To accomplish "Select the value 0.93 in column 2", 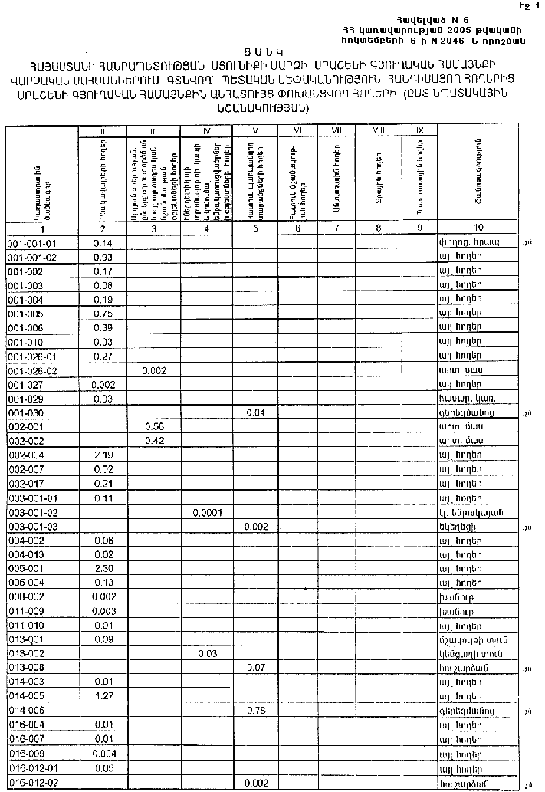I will pos(103,257).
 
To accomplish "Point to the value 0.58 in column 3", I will pos(156,426).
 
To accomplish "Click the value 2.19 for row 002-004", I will pos(103,455).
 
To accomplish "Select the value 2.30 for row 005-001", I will pos(103,569).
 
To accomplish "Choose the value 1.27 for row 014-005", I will pos(103,696).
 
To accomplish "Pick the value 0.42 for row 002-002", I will pos(156,440).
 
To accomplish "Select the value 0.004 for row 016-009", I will pos(103,754).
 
